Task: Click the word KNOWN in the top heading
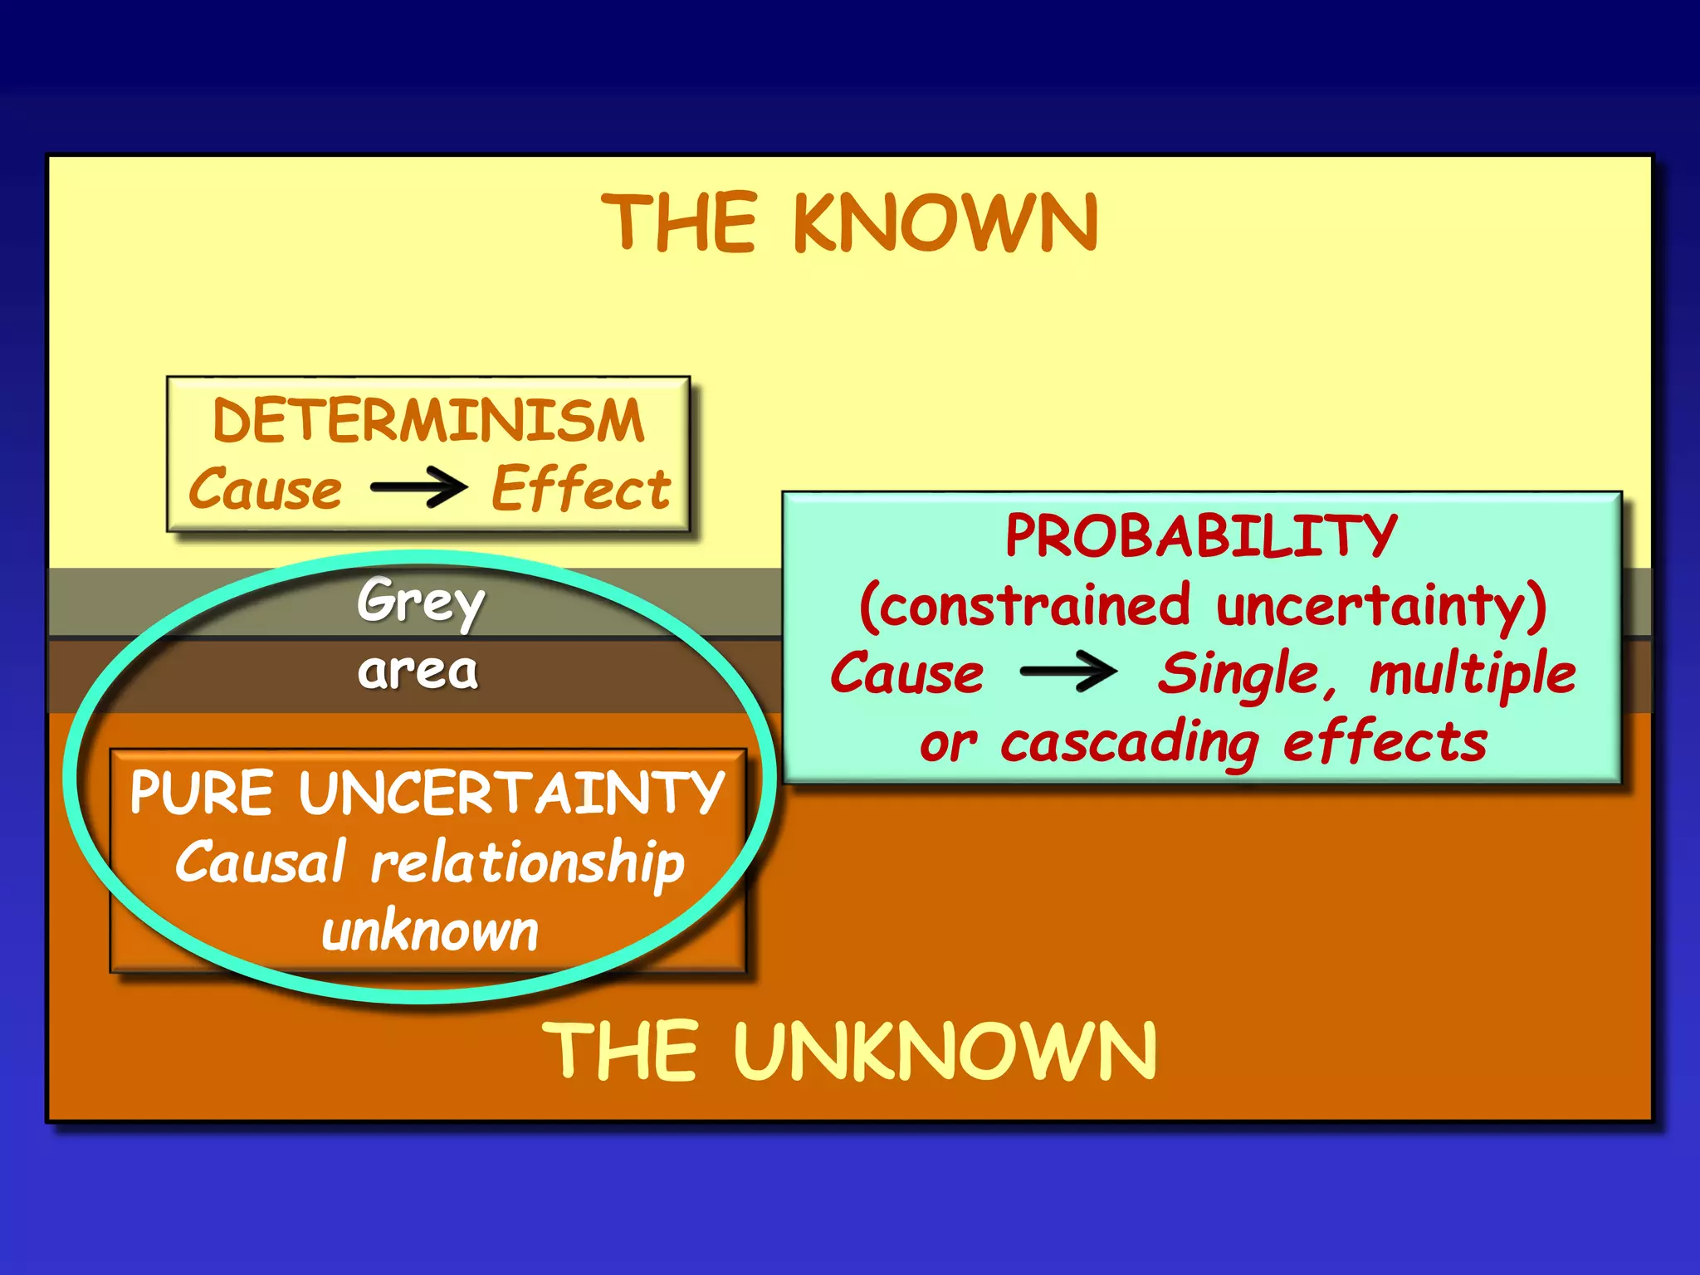pyautogui.click(x=946, y=222)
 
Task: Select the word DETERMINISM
pyautogui.click(x=428, y=420)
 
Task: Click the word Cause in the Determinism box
pyautogui.click(x=266, y=489)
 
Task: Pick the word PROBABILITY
pyautogui.click(x=1201, y=535)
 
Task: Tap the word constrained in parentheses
pyautogui.click(x=1033, y=605)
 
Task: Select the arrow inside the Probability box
pyautogui.click(x=1068, y=672)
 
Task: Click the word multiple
pyautogui.click(x=1472, y=674)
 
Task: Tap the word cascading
pyautogui.click(x=1130, y=743)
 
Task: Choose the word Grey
pyautogui.click(x=421, y=601)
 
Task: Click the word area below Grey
pyautogui.click(x=418, y=671)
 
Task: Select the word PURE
pyautogui.click(x=202, y=793)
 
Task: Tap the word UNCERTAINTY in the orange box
pyautogui.click(x=512, y=793)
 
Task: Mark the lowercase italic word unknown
pyautogui.click(x=430, y=932)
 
